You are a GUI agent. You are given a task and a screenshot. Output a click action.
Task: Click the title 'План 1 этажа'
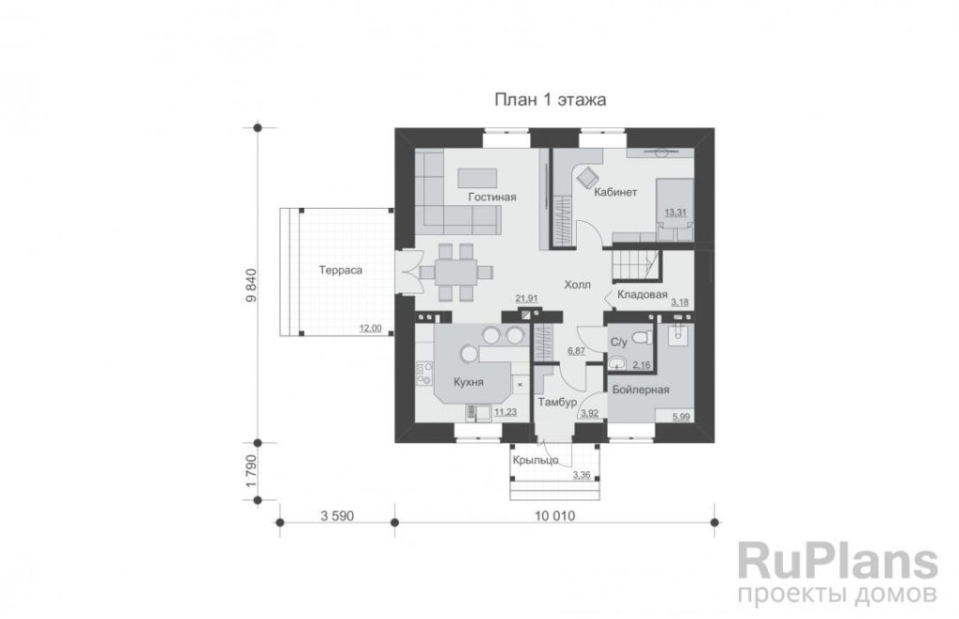pos(550,99)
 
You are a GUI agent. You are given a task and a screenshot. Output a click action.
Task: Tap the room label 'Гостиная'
pos(493,197)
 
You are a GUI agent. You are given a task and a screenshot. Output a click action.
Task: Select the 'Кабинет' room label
pos(616,192)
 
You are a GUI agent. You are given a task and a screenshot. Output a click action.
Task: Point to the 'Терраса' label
pos(341,271)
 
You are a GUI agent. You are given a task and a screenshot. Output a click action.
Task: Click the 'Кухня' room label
pos(468,382)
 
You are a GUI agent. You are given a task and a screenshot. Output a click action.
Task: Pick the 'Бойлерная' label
pos(641,390)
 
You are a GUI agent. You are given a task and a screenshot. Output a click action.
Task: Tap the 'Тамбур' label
pos(557,403)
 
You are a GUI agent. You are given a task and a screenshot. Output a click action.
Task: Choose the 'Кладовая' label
pos(642,295)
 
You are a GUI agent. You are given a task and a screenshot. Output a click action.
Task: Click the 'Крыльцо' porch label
pos(535,460)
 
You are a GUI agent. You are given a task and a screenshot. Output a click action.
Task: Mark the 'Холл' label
pos(577,285)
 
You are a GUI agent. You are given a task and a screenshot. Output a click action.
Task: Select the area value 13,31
pos(675,213)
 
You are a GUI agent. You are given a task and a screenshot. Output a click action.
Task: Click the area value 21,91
pos(526,299)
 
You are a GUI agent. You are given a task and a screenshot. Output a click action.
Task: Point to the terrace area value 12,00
pos(370,329)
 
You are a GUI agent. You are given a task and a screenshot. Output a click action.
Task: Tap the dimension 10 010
pos(554,516)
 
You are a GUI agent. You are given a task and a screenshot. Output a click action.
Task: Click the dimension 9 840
pos(251,285)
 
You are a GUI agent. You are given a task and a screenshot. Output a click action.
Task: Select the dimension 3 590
pos(337,516)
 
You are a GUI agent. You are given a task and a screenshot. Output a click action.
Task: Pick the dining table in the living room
pos(456,273)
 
